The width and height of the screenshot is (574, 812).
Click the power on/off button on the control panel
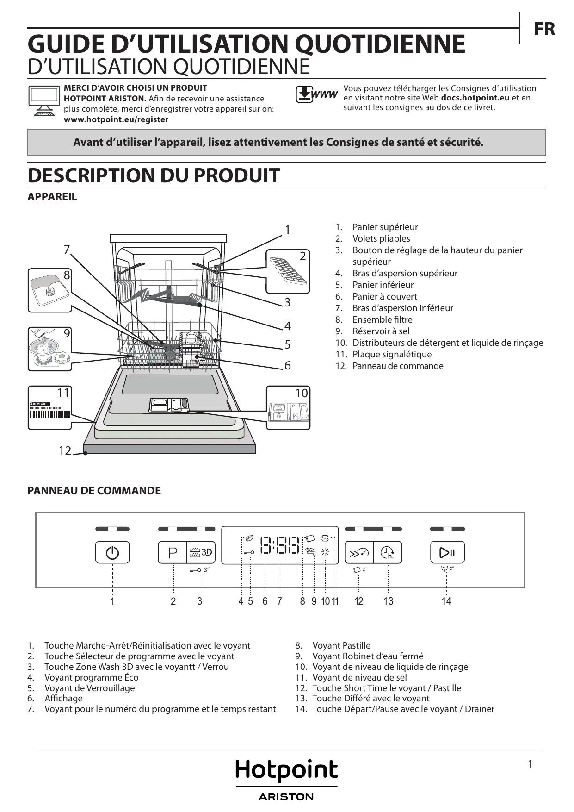pyautogui.click(x=112, y=552)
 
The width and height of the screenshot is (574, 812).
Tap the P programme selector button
pyautogui.click(x=173, y=552)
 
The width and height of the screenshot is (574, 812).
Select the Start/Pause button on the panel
pyautogui.click(x=447, y=552)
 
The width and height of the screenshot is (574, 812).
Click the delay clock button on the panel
pyautogui.click(x=388, y=552)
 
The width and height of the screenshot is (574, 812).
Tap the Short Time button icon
pyautogui.click(x=359, y=552)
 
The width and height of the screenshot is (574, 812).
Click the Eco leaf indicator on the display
pyautogui.click(x=249, y=539)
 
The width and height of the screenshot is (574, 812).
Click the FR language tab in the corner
pyautogui.click(x=544, y=29)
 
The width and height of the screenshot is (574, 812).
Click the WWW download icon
pyautogui.click(x=316, y=94)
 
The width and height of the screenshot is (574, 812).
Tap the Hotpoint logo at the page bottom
pyautogui.click(x=286, y=771)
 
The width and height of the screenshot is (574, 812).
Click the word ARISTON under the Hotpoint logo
pyautogui.click(x=286, y=797)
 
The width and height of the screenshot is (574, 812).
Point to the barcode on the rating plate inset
pyautogui.click(x=50, y=414)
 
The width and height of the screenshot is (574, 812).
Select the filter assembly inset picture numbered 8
pyautogui.click(x=49, y=290)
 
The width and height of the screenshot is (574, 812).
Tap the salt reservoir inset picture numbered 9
pyautogui.click(x=49, y=349)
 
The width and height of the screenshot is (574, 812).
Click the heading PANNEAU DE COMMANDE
pyautogui.click(x=94, y=491)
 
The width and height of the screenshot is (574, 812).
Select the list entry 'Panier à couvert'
pyautogui.click(x=384, y=296)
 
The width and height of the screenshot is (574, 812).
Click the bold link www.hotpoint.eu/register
pyautogui.click(x=116, y=119)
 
